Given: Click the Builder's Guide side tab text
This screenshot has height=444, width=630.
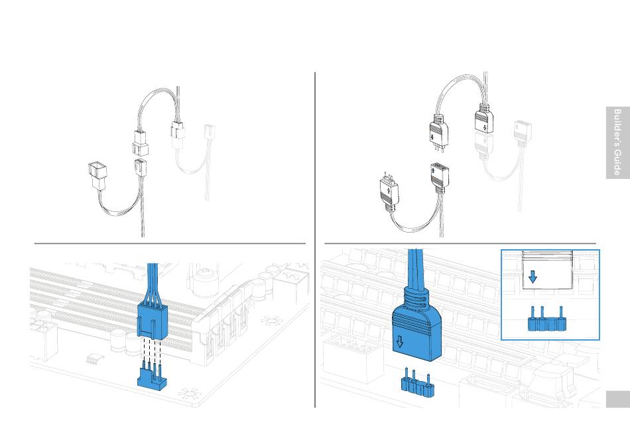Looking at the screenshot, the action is click(617, 142).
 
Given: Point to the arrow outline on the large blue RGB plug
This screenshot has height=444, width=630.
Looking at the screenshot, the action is click(399, 342).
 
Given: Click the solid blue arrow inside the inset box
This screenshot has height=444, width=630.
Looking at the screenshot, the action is click(533, 276).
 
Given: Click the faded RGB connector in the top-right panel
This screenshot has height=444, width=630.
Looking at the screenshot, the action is click(523, 133).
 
